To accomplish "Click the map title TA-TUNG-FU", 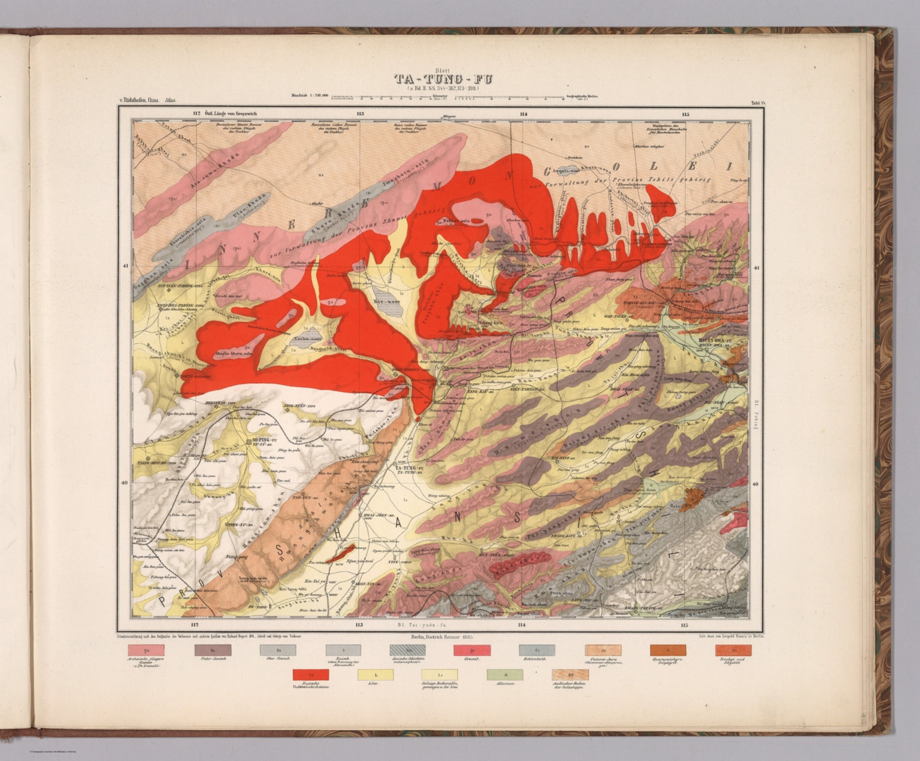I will [x=443, y=79].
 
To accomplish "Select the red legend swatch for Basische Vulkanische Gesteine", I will [x=310, y=675].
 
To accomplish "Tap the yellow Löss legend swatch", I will [x=376, y=675].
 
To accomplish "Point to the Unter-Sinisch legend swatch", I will [x=213, y=650].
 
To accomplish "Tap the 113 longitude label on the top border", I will [x=359, y=113].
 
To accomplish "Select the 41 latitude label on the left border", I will [x=125, y=268].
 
